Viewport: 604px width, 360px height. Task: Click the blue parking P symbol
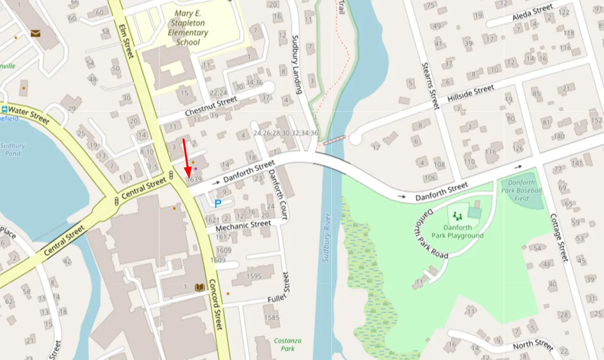coord(217,203)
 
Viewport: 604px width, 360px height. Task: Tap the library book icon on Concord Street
coord(200,287)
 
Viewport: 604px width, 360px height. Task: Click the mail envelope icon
coord(36,33)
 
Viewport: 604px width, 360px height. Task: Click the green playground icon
coord(458,216)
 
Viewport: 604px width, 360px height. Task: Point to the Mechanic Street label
coord(244,225)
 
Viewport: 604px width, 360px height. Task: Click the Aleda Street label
coord(533,13)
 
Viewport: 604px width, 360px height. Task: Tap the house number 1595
coord(254,276)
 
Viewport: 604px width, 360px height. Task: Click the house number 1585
coord(271,318)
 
